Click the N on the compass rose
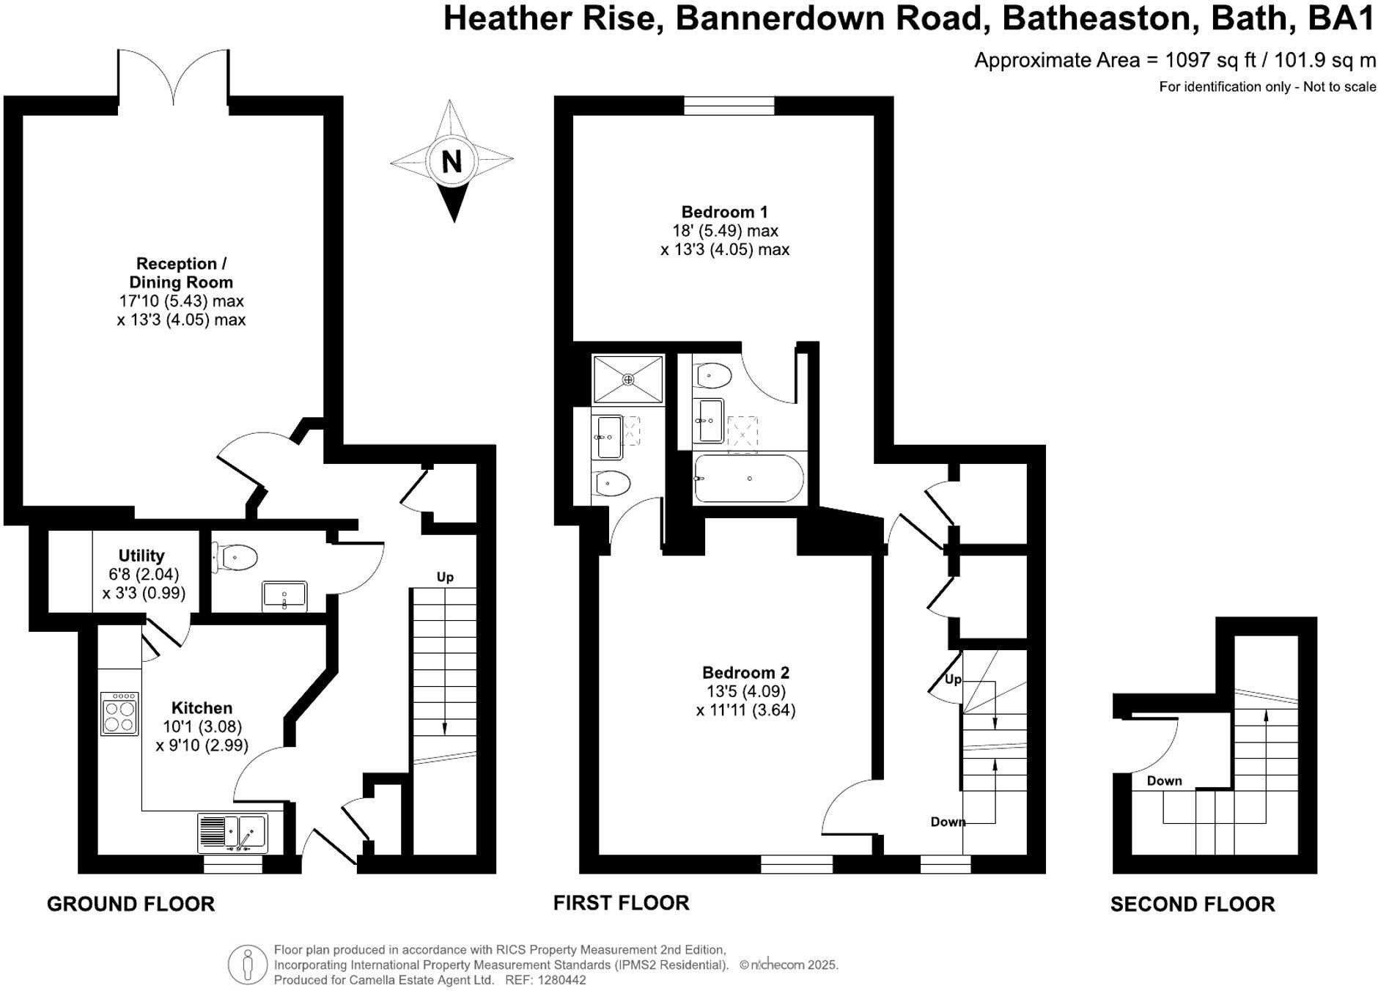[452, 161]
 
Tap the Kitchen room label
[202, 708]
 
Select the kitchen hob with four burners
[119, 714]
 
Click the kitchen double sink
[233, 833]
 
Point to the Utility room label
[141, 556]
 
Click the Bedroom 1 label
[724, 213]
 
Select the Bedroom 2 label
[745, 673]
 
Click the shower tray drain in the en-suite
[627, 380]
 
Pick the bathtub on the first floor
[748, 479]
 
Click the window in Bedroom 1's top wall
[729, 107]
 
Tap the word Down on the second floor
[1164, 781]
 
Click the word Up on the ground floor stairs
[445, 577]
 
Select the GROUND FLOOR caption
[130, 905]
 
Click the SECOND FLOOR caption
[1192, 905]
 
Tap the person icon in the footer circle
[248, 965]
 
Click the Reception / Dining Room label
[180, 273]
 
